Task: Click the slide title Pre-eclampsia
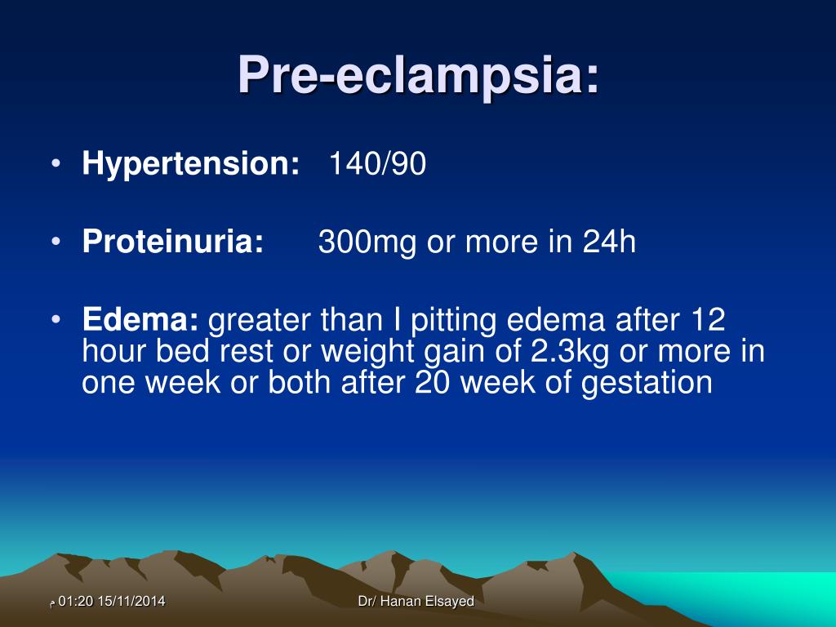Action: [x=418, y=76]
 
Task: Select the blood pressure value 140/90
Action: [x=377, y=165]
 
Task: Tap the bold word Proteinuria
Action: [x=173, y=242]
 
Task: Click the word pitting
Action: [x=451, y=321]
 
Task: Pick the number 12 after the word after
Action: [x=707, y=321]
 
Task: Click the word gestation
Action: [x=647, y=382]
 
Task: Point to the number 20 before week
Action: [x=433, y=382]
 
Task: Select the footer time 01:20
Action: [x=77, y=602]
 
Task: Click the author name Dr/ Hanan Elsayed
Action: [x=416, y=602]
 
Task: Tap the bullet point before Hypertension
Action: [x=55, y=165]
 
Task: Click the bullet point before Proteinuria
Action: [x=55, y=242]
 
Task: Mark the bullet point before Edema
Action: [x=55, y=321]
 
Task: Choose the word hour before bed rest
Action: [x=113, y=352]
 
